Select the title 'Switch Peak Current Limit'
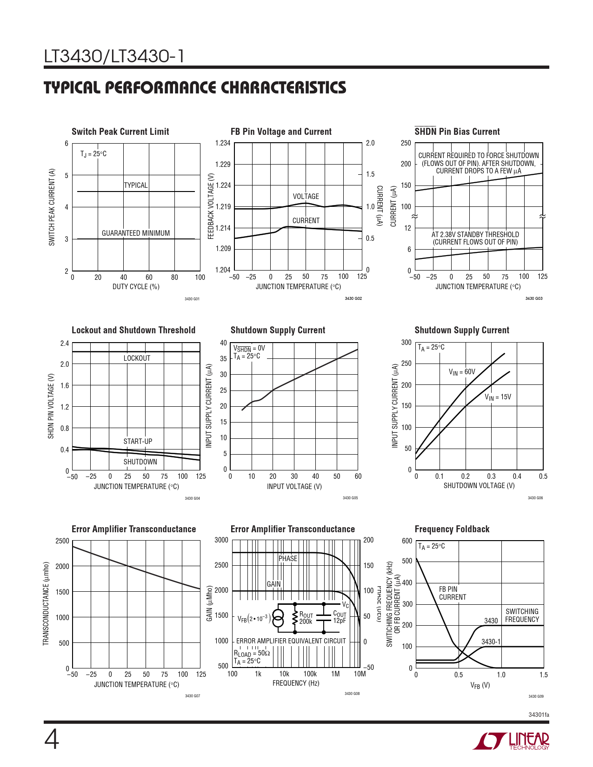click(x=120, y=132)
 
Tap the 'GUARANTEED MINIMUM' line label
click(x=136, y=233)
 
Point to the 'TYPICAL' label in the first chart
click(x=136, y=185)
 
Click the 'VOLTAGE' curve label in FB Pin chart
click(x=306, y=197)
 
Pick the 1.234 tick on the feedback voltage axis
click(x=223, y=143)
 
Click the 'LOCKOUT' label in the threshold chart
click(x=137, y=358)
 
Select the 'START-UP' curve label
click(x=138, y=442)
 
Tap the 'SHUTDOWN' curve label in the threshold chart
click(x=140, y=462)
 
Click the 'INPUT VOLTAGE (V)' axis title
click(x=294, y=487)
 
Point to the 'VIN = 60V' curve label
click(x=462, y=372)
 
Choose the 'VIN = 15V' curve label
click(x=498, y=397)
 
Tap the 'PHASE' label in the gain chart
click(x=288, y=559)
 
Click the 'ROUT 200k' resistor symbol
click(x=295, y=618)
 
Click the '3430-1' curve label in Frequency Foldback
click(x=491, y=642)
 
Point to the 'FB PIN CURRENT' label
click(x=452, y=593)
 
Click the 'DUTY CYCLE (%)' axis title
click(x=136, y=287)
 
